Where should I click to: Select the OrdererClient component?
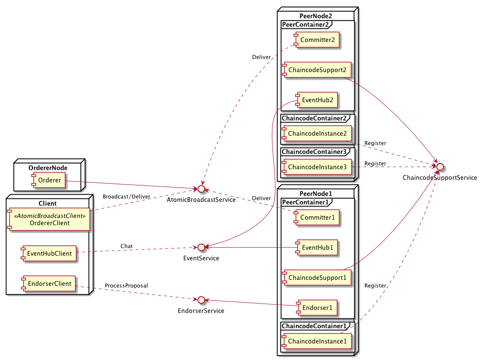(x=49, y=219)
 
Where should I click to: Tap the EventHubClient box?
(x=49, y=254)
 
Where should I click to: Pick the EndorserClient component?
(x=49, y=284)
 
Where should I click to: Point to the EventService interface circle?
(x=201, y=247)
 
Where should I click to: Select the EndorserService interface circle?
(x=201, y=300)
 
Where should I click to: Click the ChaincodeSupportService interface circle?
(x=440, y=167)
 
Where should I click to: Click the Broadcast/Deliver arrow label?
(x=126, y=196)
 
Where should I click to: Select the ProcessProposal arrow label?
(x=126, y=285)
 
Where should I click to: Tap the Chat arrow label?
(x=126, y=246)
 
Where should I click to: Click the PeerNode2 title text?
(x=316, y=16)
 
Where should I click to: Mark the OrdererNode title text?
(x=48, y=167)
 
